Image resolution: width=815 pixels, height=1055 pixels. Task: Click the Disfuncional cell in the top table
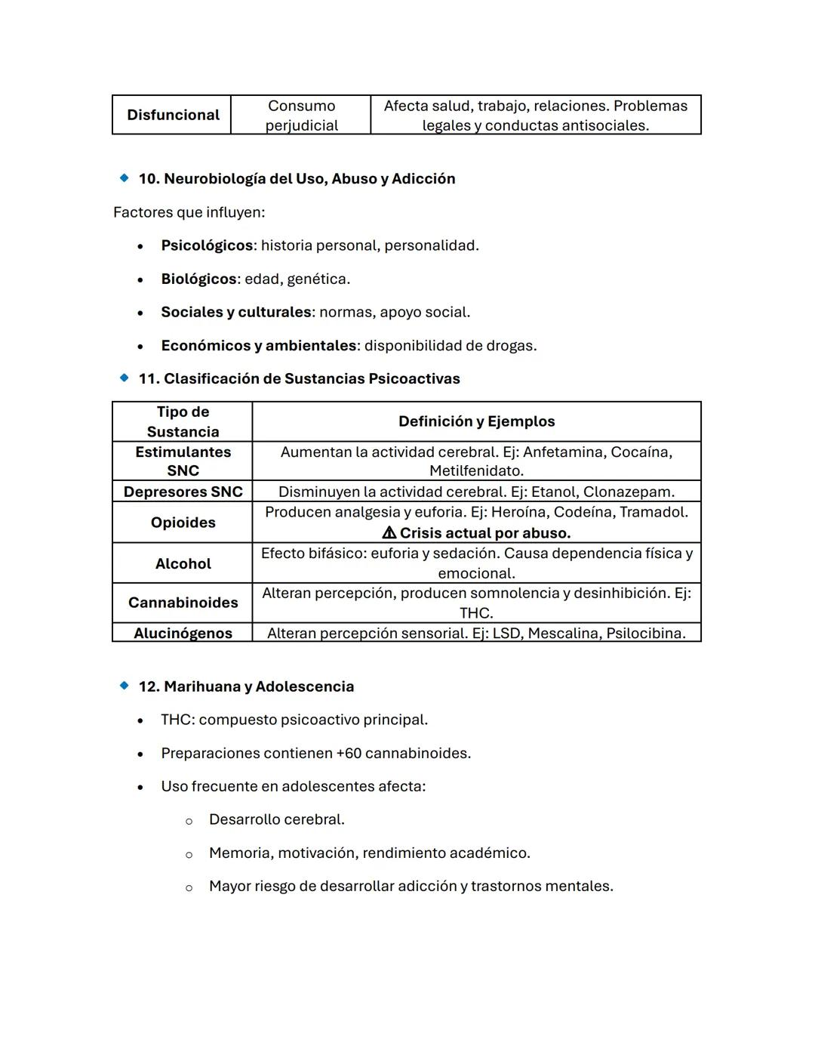173,115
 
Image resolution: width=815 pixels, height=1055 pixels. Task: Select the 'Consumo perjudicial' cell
301,116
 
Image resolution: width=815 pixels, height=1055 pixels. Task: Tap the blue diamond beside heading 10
124,178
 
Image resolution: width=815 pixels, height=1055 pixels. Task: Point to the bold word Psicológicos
207,245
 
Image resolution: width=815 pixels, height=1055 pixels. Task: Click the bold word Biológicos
198,279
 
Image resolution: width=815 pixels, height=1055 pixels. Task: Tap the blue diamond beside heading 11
124,378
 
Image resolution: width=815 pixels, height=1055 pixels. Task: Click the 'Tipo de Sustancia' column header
183,421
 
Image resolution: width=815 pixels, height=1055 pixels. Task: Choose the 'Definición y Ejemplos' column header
476,421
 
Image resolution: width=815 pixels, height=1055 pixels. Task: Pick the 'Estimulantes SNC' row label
183,461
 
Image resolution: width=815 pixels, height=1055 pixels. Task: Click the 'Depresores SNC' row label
183,492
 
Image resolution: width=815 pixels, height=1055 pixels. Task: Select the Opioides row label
183,523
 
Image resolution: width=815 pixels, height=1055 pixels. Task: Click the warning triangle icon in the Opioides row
389,533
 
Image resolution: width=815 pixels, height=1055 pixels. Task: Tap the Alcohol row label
183,563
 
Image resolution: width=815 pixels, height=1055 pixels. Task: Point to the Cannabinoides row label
183,603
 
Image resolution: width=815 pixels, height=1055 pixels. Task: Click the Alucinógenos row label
183,633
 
